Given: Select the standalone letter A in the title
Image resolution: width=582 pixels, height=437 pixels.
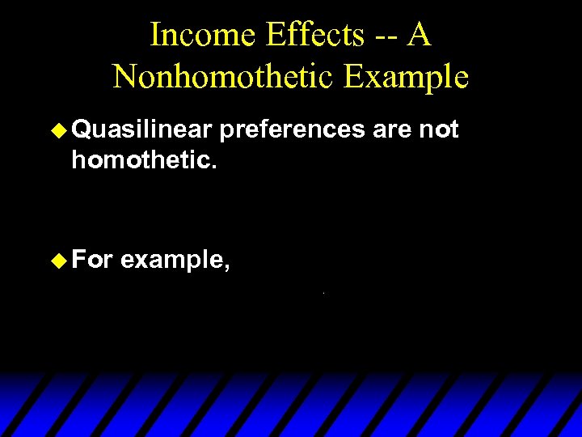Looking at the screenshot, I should click(417, 35).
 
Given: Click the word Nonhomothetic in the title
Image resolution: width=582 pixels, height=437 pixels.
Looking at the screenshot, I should click(222, 77).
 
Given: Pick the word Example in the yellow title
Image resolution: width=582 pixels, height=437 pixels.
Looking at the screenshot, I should click(405, 77).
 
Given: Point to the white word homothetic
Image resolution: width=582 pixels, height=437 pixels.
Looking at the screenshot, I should click(141, 160).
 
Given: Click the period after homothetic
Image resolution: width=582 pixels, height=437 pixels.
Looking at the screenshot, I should click(213, 167).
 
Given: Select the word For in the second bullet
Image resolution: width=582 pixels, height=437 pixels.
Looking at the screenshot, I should click(92, 261).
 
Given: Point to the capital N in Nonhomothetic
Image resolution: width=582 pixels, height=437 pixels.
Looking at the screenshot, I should click(124, 77).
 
